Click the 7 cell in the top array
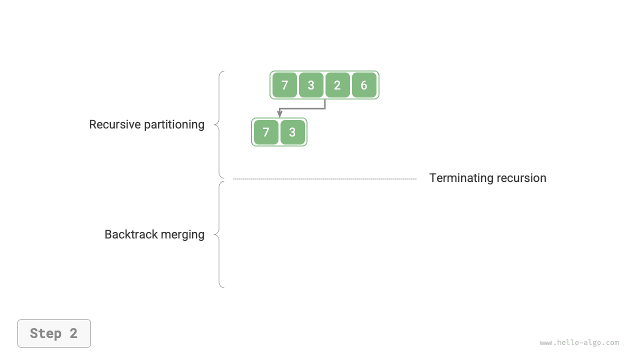pos(284,85)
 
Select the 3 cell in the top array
pos(311,85)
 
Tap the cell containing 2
pos(337,85)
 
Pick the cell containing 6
pos(364,85)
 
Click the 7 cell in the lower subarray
pos(266,132)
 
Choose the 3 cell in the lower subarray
pos(292,132)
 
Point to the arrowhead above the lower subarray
pos(280,114)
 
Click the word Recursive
pos(114,124)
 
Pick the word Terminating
pos(459,178)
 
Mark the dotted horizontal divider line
pos(325,178)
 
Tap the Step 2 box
pos(54,333)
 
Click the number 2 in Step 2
pos(73,333)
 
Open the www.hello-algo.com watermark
pos(579,342)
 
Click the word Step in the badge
pos(45,333)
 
